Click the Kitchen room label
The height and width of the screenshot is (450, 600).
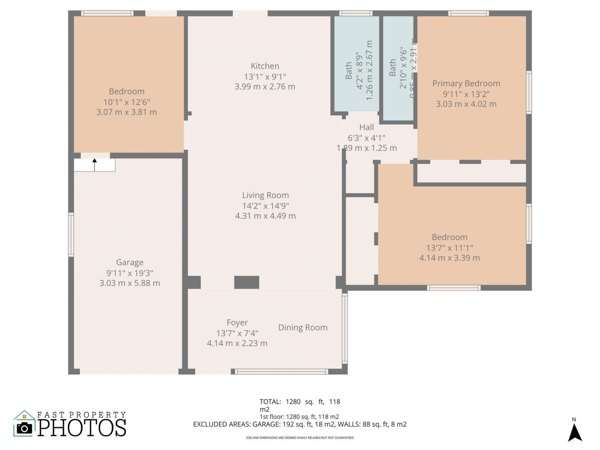pyautogui.click(x=265, y=66)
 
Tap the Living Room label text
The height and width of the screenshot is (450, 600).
pyautogui.click(x=265, y=195)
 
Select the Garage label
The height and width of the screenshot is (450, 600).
pyautogui.click(x=130, y=262)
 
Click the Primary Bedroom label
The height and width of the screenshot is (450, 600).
pyautogui.click(x=466, y=83)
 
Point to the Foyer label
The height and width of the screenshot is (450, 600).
pyautogui.click(x=237, y=322)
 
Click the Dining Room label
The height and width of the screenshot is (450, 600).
pyautogui.click(x=302, y=327)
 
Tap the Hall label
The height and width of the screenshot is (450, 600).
pyautogui.click(x=366, y=127)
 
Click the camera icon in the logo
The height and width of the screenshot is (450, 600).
pyautogui.click(x=24, y=428)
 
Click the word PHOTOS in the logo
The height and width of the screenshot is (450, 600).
pyautogui.click(x=82, y=428)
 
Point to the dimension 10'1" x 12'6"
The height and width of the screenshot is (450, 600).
pyautogui.click(x=127, y=102)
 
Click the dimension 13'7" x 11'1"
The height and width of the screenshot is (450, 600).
pyautogui.click(x=449, y=248)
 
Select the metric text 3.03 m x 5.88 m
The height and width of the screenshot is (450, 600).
pyautogui.click(x=130, y=283)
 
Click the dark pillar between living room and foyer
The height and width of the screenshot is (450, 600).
pyautogui.click(x=247, y=282)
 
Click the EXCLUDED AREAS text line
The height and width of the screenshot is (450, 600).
pyautogui.click(x=300, y=424)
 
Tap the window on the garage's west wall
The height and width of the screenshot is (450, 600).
pyautogui.click(x=71, y=234)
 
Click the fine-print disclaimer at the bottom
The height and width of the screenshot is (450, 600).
pyautogui.click(x=300, y=438)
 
